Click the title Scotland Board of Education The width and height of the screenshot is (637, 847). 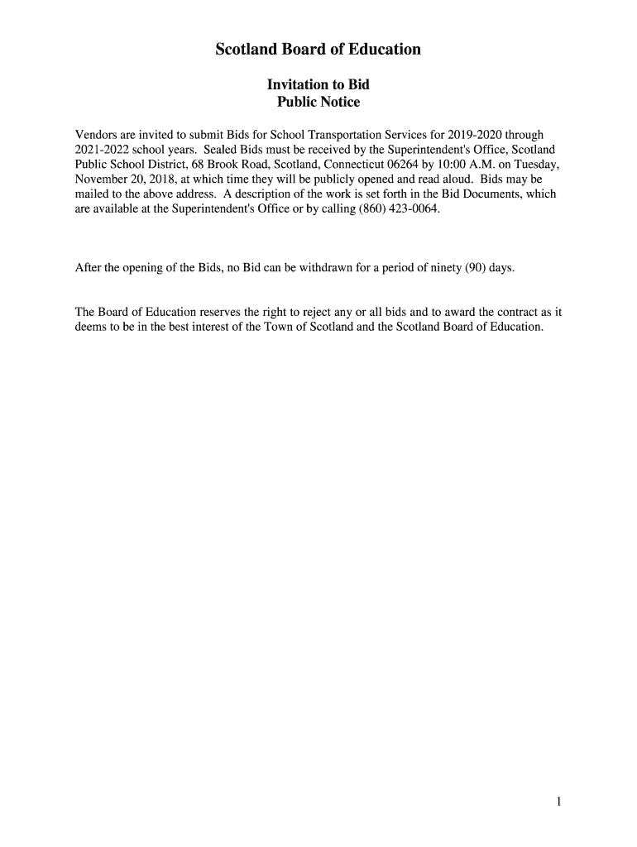(x=318, y=50)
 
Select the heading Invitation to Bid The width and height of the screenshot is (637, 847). (x=318, y=84)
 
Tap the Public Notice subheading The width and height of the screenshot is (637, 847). (x=318, y=103)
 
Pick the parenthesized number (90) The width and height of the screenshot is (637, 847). (x=474, y=268)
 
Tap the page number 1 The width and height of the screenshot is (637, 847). (x=559, y=801)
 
